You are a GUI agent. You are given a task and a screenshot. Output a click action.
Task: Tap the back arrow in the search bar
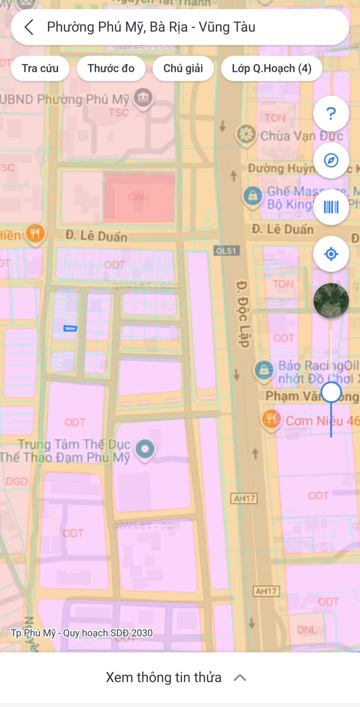coord(29,27)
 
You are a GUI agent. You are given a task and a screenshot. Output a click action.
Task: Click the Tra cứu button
coord(40,68)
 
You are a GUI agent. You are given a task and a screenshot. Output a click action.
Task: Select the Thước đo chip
coord(111,68)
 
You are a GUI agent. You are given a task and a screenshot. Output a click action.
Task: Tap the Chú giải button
coord(183,68)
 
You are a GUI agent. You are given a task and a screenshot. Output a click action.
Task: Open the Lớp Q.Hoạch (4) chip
coord(271,68)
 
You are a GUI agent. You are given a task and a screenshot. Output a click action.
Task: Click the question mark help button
coord(331,114)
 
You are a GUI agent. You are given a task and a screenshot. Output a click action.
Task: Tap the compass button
coord(331,160)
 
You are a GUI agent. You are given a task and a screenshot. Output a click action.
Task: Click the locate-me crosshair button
coord(331,254)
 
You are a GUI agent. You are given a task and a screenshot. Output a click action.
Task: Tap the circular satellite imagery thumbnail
coord(331,300)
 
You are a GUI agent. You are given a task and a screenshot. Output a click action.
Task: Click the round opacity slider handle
coord(331,392)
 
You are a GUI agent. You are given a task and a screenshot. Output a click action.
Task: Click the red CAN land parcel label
coord(138,196)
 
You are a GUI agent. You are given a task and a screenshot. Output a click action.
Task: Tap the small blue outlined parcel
coord(70,328)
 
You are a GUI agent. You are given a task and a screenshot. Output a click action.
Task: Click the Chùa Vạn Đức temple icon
coord(245,134)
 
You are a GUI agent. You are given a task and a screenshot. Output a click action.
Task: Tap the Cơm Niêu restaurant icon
coord(271,420)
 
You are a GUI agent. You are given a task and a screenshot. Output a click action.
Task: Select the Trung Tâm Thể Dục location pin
coord(145,449)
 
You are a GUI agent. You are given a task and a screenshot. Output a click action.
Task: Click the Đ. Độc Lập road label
coord(243,314)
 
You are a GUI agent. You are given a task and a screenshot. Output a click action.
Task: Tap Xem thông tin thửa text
coord(163,677)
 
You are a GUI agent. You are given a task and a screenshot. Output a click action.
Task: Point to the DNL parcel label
coord(306,629)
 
